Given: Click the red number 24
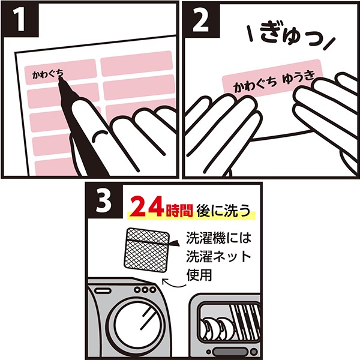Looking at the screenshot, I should [x=148, y=208].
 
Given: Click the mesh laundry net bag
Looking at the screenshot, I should [x=146, y=251].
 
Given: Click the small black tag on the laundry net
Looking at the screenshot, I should [x=175, y=244].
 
